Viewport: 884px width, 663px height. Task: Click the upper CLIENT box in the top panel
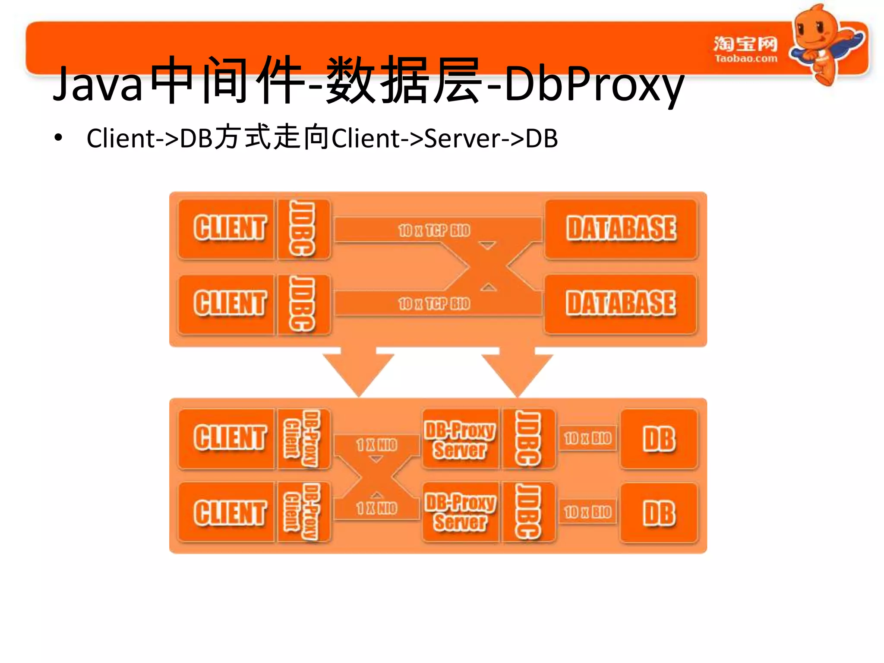(x=227, y=229)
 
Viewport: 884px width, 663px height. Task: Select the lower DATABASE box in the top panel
(x=621, y=304)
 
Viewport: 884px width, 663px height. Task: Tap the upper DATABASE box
(x=621, y=229)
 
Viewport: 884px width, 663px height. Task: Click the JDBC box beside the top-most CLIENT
(x=303, y=229)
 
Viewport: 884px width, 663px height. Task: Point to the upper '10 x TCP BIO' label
(x=434, y=230)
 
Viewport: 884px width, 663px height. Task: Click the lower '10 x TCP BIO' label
(x=434, y=304)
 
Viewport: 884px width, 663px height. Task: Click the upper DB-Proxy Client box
(x=303, y=439)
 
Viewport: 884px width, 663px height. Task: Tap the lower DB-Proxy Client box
(x=303, y=512)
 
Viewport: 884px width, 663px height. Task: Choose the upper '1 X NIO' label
(x=376, y=445)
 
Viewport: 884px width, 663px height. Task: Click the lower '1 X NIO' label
(x=376, y=508)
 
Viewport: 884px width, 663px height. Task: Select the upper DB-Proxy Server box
(x=460, y=439)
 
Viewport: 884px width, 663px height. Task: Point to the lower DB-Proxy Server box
(x=460, y=512)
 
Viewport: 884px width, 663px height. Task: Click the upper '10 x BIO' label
(x=587, y=439)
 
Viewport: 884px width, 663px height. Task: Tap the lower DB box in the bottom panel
(x=659, y=513)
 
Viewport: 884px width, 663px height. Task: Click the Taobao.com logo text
(x=745, y=58)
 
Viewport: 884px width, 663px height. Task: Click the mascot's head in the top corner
(x=814, y=28)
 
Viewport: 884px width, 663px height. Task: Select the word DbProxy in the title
(x=594, y=84)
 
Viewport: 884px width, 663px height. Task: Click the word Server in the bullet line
(x=462, y=139)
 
